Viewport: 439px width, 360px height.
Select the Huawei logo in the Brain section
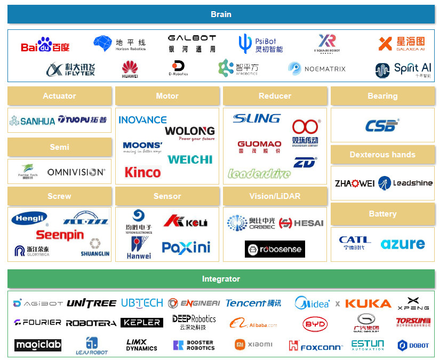point(130,69)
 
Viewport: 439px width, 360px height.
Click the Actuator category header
point(59,96)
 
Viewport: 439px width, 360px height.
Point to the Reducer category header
point(275,96)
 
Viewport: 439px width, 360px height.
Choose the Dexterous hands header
point(382,155)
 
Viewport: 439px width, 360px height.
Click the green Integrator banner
point(221,279)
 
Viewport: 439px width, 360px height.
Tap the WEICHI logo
point(190,159)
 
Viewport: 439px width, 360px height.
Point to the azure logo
point(403,244)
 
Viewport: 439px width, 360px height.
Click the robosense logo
point(275,249)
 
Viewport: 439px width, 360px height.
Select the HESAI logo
point(301,223)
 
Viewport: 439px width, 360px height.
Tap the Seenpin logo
point(60,235)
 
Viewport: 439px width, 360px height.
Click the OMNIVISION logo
point(76,172)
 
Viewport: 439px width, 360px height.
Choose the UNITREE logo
point(91,303)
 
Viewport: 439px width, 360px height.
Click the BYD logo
point(315,323)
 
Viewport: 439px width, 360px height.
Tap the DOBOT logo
point(413,346)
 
